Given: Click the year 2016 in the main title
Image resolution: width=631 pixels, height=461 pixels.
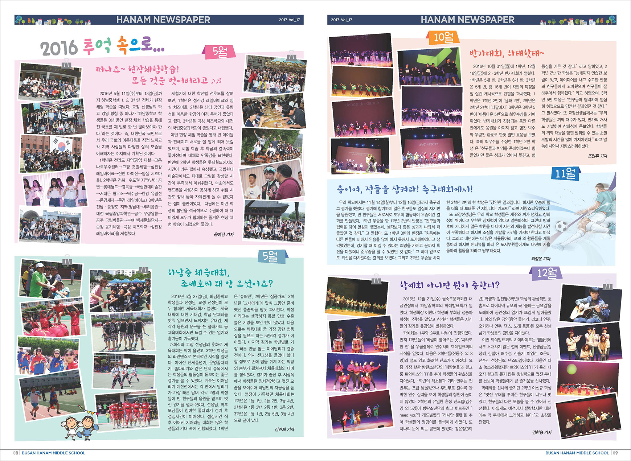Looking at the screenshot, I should pos(59,48).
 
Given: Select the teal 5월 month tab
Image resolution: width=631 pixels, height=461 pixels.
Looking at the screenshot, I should pos(270,257).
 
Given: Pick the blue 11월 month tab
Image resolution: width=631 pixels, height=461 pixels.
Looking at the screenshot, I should pos(565,174).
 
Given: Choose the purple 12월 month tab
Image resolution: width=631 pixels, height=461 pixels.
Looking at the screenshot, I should pos(547,273).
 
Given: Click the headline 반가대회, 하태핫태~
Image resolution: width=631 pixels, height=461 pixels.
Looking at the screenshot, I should pos(507,54).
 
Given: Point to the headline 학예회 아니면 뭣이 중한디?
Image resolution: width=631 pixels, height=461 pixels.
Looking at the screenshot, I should pos(449,285).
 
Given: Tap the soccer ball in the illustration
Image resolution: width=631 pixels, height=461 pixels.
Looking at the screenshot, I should pos(561,227).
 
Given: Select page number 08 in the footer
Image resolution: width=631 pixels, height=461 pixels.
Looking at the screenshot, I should pos(16,453).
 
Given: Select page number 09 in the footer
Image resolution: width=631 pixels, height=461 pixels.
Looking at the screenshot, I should pos(615,453).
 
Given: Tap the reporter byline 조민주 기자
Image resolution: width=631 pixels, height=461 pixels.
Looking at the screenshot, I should pos(597,156).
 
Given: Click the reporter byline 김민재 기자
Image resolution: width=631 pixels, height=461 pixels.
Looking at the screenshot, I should pos(284,429).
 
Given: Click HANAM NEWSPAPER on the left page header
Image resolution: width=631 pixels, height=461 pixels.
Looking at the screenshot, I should pos(163,20).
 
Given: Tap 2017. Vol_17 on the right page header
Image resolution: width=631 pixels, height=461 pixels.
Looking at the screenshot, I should pos(341,20).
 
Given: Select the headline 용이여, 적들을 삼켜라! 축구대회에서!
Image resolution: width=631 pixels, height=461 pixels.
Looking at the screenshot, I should pos(405,189).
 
